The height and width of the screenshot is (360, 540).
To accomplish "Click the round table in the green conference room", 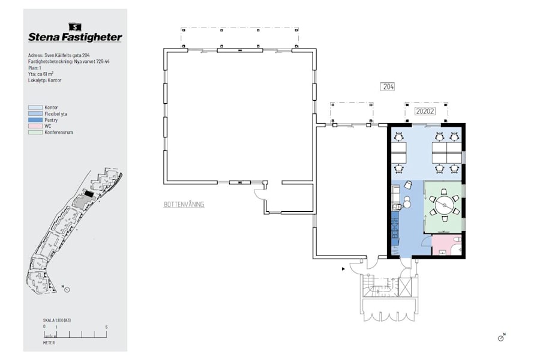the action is [x=444, y=205].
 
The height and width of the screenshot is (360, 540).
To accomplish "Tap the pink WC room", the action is [x=446, y=245].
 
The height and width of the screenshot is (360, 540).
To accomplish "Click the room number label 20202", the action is [x=425, y=111].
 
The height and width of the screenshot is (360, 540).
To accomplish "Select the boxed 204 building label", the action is [x=388, y=87].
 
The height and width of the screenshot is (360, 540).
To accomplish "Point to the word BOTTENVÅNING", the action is [x=184, y=205].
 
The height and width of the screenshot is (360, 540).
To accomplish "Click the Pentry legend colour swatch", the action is [x=35, y=120].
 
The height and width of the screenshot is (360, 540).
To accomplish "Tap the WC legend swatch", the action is [x=35, y=126].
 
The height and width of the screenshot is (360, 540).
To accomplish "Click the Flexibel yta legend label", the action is [x=56, y=113].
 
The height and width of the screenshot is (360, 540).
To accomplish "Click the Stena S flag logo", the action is [x=75, y=27].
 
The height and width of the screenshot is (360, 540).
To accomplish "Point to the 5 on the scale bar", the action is [x=106, y=327].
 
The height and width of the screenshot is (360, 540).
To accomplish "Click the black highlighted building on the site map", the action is [x=89, y=194].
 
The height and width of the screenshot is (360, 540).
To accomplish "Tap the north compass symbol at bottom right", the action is [x=502, y=338].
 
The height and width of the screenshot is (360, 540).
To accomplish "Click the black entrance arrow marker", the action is [x=343, y=269].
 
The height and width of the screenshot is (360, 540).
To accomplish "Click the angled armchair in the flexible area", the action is [x=409, y=185].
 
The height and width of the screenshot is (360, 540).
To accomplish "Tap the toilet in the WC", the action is [x=457, y=239].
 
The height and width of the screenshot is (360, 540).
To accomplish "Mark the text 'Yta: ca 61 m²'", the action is [x=41, y=74].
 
